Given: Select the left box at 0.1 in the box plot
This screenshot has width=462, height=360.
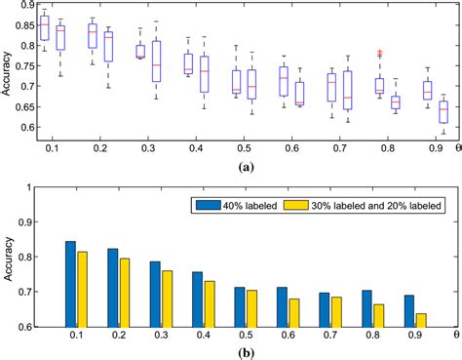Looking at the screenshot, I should [44, 28].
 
